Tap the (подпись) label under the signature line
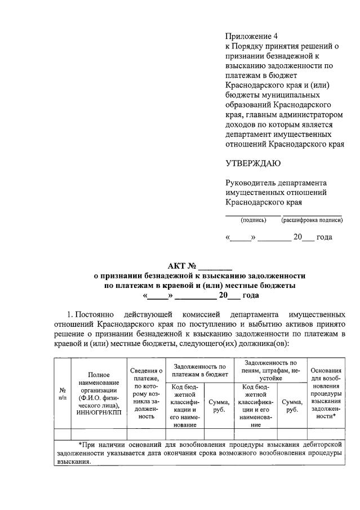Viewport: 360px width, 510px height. tap(253, 220)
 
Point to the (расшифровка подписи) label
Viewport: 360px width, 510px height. tap(312, 220)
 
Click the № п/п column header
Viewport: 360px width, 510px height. tap(62, 393)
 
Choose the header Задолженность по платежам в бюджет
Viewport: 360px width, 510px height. tap(199, 370)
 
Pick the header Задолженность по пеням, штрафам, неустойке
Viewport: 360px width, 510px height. tap(270, 370)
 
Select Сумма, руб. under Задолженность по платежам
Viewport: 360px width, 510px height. tap(219, 406)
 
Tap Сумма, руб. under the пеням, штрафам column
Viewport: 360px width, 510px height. tap(291, 406)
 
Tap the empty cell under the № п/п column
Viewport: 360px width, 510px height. tap(62, 434)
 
